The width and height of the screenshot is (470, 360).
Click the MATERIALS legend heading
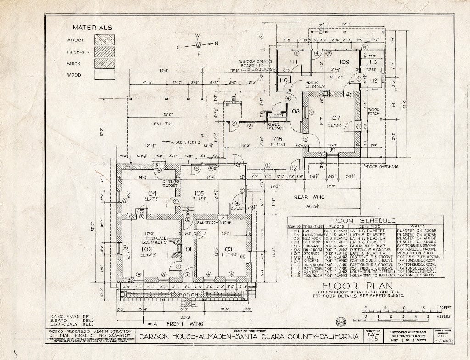click(x=92, y=28)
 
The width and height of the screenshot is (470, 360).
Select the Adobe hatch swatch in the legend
click(x=104, y=40)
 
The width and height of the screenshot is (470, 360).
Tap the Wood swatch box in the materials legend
click(x=104, y=74)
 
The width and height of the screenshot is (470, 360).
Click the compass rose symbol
click(x=198, y=45)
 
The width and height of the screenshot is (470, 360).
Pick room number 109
click(x=344, y=62)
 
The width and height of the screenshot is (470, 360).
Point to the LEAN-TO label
click(x=162, y=124)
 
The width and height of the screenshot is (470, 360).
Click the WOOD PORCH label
click(x=373, y=112)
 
